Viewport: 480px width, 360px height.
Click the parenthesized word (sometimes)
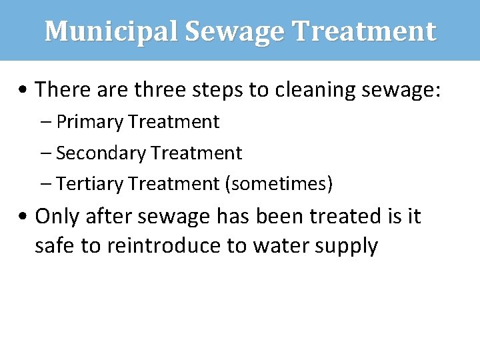pos(279,183)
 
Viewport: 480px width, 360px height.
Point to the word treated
pos(334,216)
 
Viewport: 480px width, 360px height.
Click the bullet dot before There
pos(24,89)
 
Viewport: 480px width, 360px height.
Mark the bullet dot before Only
pos(24,217)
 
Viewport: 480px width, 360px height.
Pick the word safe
pos(55,246)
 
